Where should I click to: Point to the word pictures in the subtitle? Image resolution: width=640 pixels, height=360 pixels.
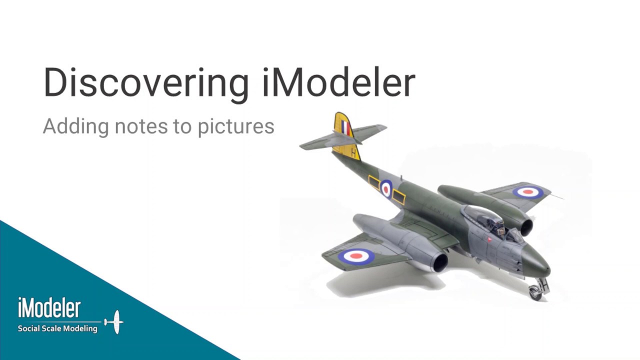tap(236, 126)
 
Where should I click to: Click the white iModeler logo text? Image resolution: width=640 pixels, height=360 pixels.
tap(49, 308)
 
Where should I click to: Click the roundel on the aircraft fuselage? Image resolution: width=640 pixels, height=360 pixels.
tap(386, 188)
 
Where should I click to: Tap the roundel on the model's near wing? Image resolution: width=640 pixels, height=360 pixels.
tap(356, 256)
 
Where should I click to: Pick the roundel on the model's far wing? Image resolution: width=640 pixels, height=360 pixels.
tap(527, 191)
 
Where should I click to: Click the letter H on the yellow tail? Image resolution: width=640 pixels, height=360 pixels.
tap(354, 153)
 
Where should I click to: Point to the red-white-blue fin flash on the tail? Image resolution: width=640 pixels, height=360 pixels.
tap(345, 127)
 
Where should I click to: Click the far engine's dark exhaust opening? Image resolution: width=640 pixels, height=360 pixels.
tap(526, 228)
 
